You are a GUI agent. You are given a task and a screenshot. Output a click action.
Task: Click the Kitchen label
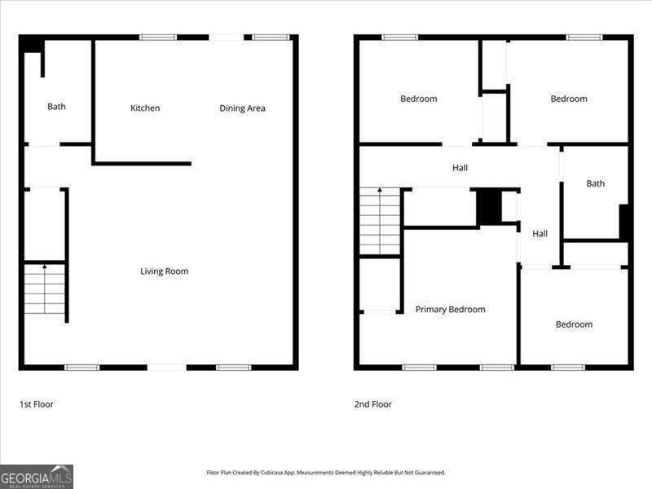tap(145, 108)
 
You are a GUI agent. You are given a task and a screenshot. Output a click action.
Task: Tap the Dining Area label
tap(242, 108)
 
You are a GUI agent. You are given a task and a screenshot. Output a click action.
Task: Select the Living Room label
tap(164, 271)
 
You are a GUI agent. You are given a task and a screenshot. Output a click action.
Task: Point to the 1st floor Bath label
tap(56, 107)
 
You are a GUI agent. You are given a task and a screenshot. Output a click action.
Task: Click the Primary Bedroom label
tap(450, 310)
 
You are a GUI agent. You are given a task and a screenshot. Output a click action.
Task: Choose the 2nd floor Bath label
tap(596, 183)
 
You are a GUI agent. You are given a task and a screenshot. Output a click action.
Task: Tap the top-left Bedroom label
tap(418, 99)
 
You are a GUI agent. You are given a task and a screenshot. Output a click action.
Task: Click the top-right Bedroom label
tap(569, 99)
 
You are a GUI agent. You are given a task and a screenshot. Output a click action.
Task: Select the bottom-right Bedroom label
tap(574, 324)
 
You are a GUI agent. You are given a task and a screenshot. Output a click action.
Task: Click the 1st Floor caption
tap(37, 404)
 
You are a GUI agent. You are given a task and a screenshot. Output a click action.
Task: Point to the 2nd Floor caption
tap(372, 404)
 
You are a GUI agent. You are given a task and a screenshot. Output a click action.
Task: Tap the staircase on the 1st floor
tap(45, 289)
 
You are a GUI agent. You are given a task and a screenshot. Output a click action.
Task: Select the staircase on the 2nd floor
tap(380, 221)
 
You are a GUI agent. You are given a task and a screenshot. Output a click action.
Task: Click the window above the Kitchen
tap(158, 37)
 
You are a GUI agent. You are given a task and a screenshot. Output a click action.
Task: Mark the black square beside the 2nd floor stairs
tap(488, 206)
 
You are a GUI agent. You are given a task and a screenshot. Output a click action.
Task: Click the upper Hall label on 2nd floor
tap(460, 168)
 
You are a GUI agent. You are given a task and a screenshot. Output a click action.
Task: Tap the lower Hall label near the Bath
tap(540, 234)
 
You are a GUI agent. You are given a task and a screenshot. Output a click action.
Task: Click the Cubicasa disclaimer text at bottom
tap(326, 473)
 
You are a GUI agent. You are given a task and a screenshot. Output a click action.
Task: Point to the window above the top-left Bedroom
tap(399, 37)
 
